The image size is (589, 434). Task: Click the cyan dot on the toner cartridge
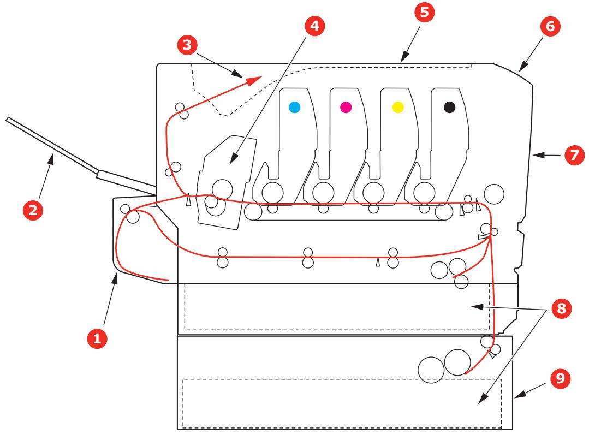[294, 108]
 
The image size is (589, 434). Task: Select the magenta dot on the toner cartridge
[345, 108]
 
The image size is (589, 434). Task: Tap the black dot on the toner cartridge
[449, 108]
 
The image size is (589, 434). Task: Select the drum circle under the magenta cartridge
[323, 192]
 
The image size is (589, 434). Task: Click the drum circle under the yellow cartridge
[373, 192]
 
